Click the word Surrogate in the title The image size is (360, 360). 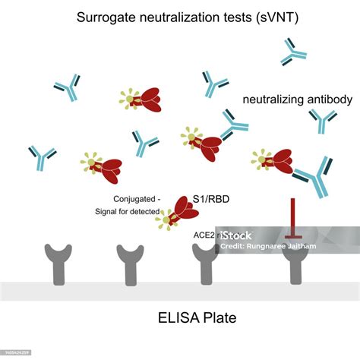click(x=104, y=17)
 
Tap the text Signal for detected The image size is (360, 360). click(x=134, y=211)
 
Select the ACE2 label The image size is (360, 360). click(x=207, y=235)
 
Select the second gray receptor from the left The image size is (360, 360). click(x=129, y=262)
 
